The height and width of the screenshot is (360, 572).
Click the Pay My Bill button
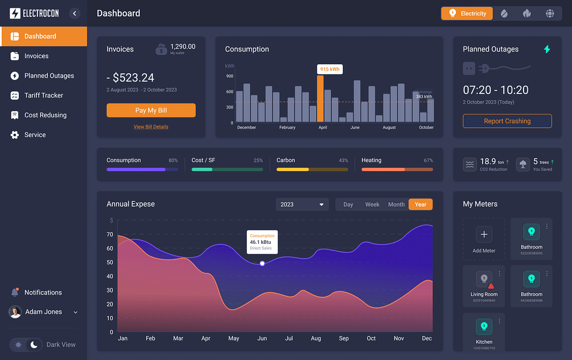coord(151,110)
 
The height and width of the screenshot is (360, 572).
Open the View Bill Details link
coord(151,127)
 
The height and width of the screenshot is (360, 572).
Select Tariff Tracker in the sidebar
coord(44,96)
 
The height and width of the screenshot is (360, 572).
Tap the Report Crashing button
coord(507,121)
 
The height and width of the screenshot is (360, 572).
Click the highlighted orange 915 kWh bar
coord(320,98)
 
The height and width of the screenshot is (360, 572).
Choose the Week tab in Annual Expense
coord(372,205)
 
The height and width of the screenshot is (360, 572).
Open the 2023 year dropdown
coord(302,205)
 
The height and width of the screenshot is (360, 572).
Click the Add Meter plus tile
coord(484,235)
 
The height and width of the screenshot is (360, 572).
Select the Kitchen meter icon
coord(484,326)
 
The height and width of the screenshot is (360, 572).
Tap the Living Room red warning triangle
coord(491,286)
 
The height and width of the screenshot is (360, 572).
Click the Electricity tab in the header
coord(467,13)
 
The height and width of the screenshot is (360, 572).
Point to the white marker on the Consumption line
coord(263,263)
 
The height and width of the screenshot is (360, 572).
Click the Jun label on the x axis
coord(261,338)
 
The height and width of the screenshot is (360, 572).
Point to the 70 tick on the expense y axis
coord(110,235)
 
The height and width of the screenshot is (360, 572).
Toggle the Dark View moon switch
coord(34,344)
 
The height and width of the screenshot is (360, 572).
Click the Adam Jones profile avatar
coord(16,312)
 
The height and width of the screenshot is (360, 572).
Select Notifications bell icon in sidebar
coord(15,292)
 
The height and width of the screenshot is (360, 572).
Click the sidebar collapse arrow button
coord(75,13)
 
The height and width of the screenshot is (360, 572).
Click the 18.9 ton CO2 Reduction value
coord(488,162)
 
